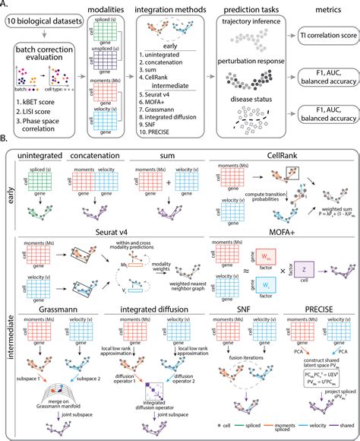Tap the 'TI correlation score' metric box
[x=325, y=46]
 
